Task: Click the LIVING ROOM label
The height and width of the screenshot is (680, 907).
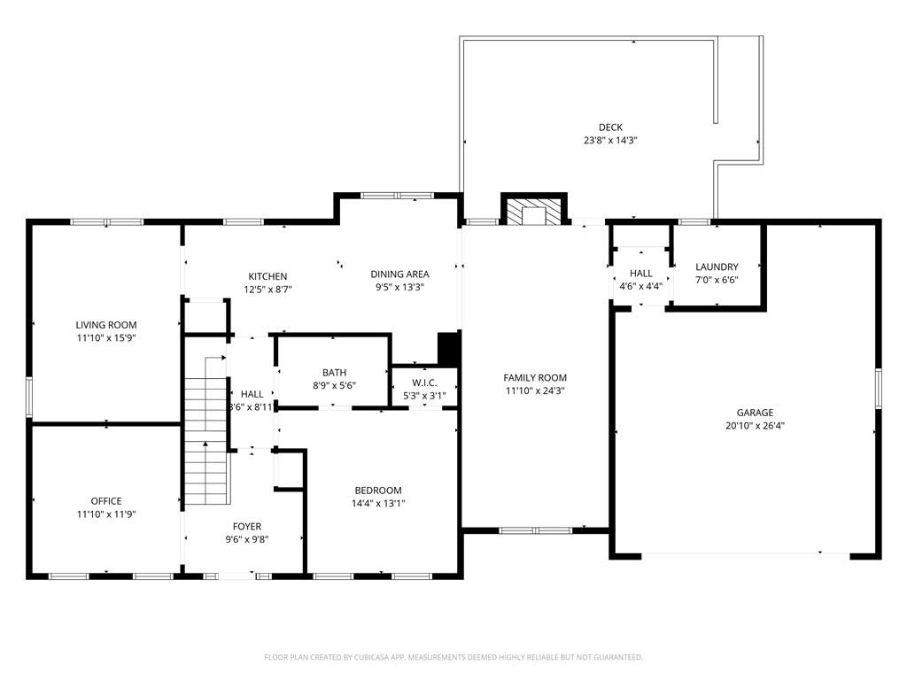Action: [x=106, y=325]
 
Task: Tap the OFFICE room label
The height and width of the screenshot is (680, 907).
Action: [x=106, y=501]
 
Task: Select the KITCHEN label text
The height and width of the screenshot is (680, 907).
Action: [x=267, y=276]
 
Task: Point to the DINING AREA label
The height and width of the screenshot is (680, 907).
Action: [x=399, y=274]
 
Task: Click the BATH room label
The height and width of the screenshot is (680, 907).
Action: [x=334, y=373]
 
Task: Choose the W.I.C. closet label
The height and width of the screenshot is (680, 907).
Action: [x=424, y=382]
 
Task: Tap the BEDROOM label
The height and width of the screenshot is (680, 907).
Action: [x=378, y=491]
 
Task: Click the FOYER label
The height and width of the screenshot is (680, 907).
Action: [x=247, y=526]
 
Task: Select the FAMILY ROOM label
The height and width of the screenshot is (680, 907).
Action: [x=535, y=377]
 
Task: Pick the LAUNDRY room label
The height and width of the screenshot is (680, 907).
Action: [x=717, y=267]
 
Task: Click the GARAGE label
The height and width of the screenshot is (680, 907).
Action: [x=755, y=413]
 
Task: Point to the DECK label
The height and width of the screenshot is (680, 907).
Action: [x=611, y=127]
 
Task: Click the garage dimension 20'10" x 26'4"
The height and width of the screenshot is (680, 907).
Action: [x=755, y=426]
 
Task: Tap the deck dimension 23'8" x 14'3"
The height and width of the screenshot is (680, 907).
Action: [x=611, y=140]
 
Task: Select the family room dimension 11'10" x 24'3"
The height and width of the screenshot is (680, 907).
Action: [x=535, y=390]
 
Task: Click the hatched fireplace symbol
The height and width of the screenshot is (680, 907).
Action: [x=534, y=212]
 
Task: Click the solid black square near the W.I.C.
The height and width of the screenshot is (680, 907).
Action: [x=449, y=348]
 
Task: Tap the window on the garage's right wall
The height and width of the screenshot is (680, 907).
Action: [x=878, y=389]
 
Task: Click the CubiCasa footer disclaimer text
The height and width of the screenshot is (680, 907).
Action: [x=453, y=657]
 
